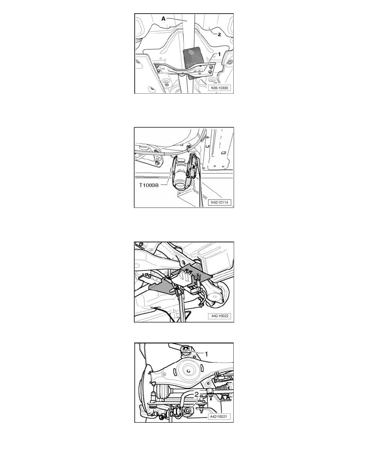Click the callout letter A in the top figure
pyautogui.click(x=163, y=19)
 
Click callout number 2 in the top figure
pyautogui.click(x=219, y=34)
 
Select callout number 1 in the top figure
pyautogui.click(x=219, y=54)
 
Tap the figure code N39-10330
pyautogui.click(x=220, y=88)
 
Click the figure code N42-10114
pyautogui.click(x=220, y=202)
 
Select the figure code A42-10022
pyautogui.click(x=220, y=316)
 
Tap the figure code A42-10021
pyautogui.click(x=219, y=417)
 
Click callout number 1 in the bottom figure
pyautogui.click(x=206, y=354)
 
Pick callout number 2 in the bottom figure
pyautogui.click(x=197, y=394)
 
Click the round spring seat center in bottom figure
pyautogui.click(x=188, y=371)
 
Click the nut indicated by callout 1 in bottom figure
pyautogui.click(x=186, y=349)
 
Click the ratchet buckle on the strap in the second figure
pyautogui.click(x=192, y=165)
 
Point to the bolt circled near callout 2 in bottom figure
pyautogui.click(x=188, y=411)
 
